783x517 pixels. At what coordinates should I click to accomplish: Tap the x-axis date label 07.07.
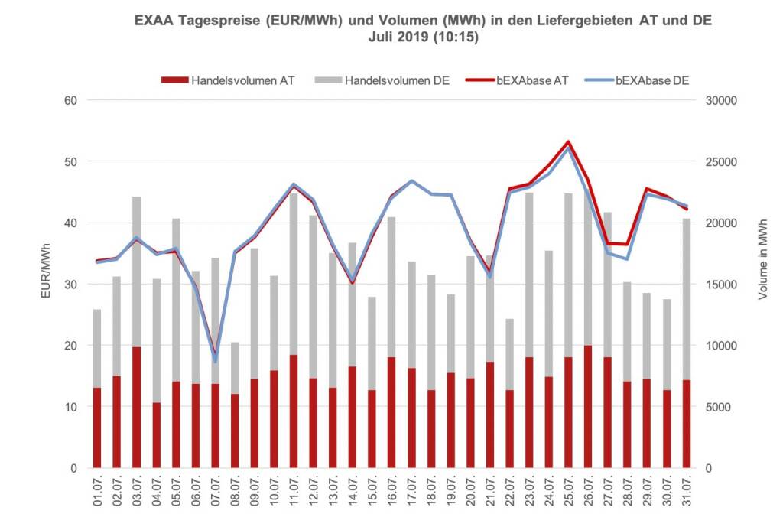coord(215,493)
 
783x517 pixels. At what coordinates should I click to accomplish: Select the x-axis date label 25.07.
coord(567,493)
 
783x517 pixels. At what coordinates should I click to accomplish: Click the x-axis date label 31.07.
coord(686,493)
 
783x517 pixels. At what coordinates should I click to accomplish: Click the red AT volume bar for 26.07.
coord(587,406)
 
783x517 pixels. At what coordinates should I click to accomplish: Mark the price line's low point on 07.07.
coord(215,358)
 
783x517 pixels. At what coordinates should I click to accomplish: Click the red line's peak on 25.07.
coord(567,141)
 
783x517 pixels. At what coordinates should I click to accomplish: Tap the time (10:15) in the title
coord(454,36)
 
